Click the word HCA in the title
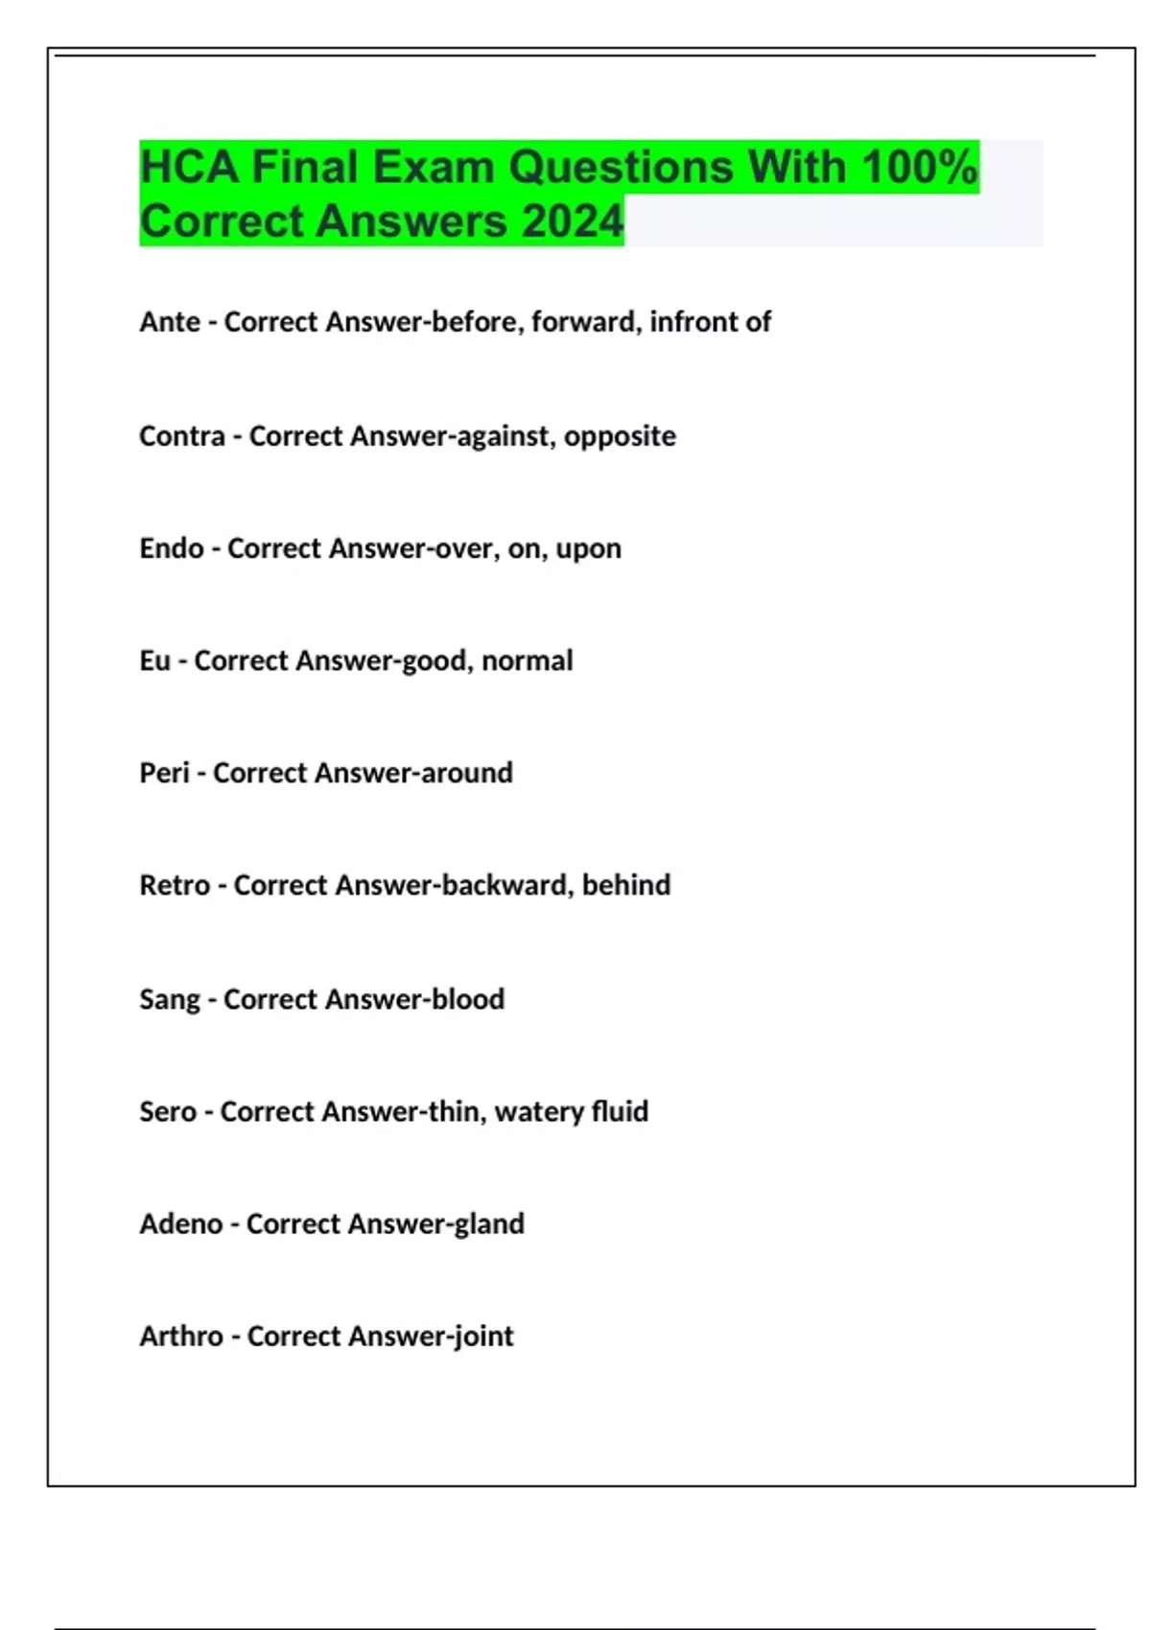(188, 167)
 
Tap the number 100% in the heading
(919, 167)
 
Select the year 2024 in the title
(573, 221)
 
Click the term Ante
(170, 321)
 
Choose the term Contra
(182, 435)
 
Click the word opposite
(620, 436)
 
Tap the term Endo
(172, 547)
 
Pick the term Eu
(154, 660)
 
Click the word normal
(527, 660)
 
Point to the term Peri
(164, 772)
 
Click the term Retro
(175, 884)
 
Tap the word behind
(625, 884)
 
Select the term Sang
(170, 999)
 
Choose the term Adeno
(181, 1223)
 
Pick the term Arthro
(181, 1336)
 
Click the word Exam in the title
(432, 167)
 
